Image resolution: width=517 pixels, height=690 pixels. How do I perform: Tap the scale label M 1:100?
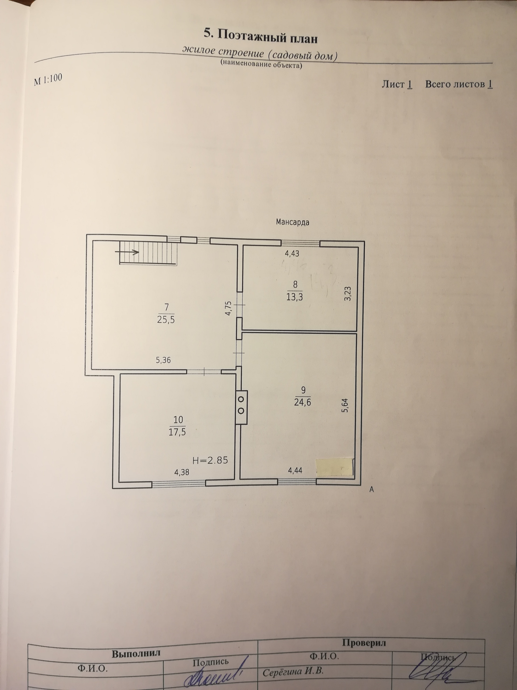[48, 80]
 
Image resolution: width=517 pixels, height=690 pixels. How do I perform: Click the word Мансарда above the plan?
[293, 222]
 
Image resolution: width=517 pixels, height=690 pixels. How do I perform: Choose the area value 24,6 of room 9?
[303, 402]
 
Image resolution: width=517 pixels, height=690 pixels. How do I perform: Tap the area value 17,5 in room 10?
[177, 432]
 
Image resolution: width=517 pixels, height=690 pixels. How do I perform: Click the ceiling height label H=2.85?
[210, 460]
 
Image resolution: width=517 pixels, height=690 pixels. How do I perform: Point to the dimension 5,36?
[163, 360]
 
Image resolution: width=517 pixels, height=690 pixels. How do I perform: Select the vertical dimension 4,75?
[228, 308]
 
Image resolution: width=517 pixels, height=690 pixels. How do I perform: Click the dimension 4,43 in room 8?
[292, 254]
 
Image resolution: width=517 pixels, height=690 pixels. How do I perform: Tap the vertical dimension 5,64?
[344, 406]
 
